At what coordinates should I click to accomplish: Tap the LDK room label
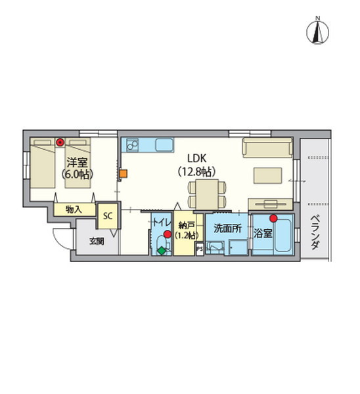point(197,158)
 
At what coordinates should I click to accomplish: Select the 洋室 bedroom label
point(77,163)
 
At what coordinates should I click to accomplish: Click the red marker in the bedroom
point(60,142)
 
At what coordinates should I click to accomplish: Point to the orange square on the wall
point(124,173)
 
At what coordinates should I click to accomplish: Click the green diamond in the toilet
point(162,251)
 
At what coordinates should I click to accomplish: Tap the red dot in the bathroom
point(273,219)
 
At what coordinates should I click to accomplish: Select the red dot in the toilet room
point(167,234)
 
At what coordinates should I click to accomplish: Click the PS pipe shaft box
point(200,249)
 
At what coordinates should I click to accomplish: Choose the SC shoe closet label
point(108,216)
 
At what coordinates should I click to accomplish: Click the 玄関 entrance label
point(97,242)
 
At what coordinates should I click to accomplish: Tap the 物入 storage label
point(74,209)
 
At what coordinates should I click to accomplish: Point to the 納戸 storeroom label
point(187,226)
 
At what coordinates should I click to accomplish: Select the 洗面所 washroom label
point(227,228)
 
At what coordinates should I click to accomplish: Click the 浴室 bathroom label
point(263,233)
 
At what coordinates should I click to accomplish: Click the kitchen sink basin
point(164,144)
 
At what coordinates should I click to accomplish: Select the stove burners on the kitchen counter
point(133,144)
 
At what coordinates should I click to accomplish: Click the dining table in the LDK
point(207,194)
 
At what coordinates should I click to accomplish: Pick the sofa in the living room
point(267,148)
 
